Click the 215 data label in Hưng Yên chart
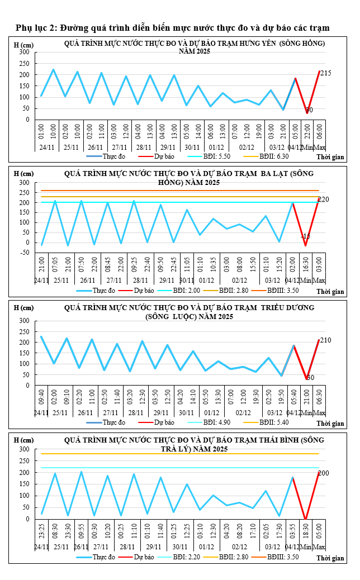pyautogui.click(x=326, y=73)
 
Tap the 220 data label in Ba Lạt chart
pyautogui.click(x=323, y=199)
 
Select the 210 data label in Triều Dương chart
pyautogui.click(x=325, y=341)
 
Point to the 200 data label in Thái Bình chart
pyautogui.click(x=323, y=473)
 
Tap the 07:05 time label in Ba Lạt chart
pyautogui.click(x=55, y=263)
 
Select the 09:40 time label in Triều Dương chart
pyautogui.click(x=41, y=398)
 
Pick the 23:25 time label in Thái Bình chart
pyautogui.click(x=41, y=531)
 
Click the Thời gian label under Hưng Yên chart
pyautogui.click(x=330, y=158)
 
